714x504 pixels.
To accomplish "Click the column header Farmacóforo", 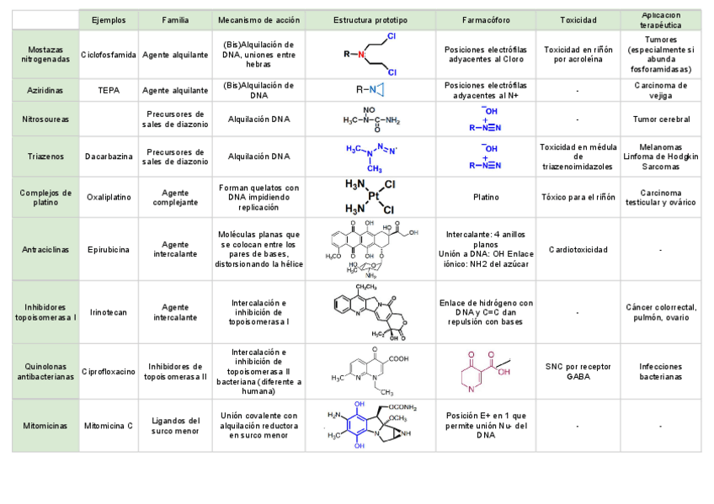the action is coord(484,19).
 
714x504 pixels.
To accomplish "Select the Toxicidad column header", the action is coord(578,19).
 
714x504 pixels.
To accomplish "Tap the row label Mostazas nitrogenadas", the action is coord(45,54).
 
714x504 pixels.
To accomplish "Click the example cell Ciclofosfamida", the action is coord(109,55).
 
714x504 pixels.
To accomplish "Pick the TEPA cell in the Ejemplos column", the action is coord(109,89).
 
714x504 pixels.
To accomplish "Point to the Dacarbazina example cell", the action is coord(109,157).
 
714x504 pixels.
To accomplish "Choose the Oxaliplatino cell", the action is coord(109,197).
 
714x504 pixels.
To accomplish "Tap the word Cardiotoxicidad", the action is coord(578,249).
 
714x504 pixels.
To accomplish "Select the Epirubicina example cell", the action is coord(109,249).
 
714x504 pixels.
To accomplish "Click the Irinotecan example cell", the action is coord(109,312).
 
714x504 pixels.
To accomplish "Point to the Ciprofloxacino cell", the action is coord(109,371).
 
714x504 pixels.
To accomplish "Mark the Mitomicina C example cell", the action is coord(109,426).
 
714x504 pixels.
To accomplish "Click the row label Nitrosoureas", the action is coord(45,119).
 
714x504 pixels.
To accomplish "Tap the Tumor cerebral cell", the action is coord(661,119).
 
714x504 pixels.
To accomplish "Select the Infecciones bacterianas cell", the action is coord(661,371).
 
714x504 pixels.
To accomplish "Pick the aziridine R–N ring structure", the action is coord(370,89).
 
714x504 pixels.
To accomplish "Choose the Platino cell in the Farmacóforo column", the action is coord(486,197).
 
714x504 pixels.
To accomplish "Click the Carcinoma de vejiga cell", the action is coord(661,89).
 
